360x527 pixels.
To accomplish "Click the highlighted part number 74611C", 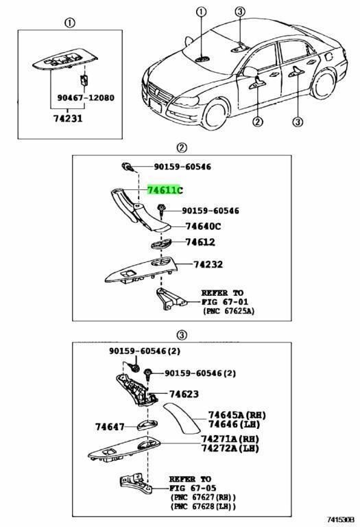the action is point(165,190).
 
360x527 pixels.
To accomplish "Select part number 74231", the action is point(68,118).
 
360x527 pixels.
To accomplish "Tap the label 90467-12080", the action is point(86,98).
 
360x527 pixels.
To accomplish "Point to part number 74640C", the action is point(203,226).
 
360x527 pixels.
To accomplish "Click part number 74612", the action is point(200,242).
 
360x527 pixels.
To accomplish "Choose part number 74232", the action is point(208,264).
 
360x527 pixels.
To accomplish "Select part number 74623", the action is point(184,394).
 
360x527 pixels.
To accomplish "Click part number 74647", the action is point(110,427).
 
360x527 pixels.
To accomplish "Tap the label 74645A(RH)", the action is point(237,415).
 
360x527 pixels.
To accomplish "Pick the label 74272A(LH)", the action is point(230,448).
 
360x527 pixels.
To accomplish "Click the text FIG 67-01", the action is point(225,302).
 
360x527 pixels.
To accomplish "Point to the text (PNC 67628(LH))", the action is point(203,506).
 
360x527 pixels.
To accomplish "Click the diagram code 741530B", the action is point(341,520).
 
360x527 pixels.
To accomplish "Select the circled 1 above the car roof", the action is point(201,12).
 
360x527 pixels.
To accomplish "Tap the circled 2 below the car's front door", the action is point(257,121).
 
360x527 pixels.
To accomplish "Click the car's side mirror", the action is point(249,71).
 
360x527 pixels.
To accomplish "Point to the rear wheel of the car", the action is point(324,84).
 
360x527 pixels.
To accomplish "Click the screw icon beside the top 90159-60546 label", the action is point(127,166).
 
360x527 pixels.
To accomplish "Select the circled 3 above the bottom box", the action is point(181,335).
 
